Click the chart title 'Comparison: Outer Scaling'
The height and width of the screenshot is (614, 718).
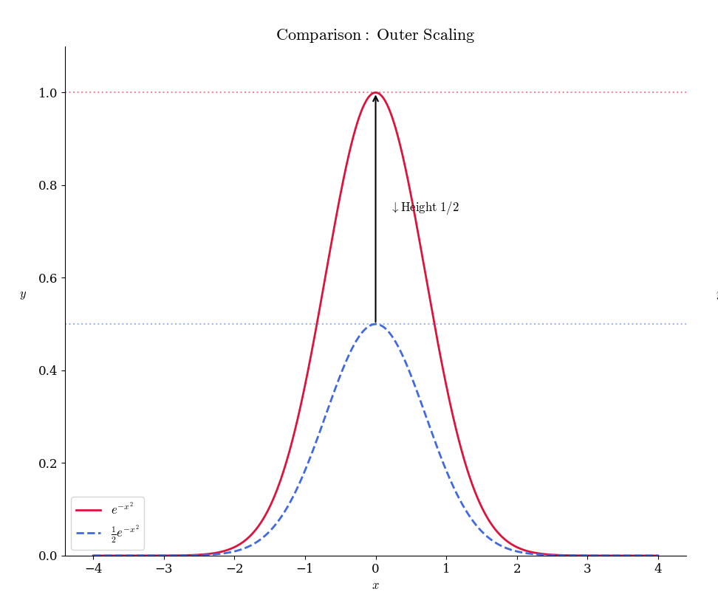coord(375,35)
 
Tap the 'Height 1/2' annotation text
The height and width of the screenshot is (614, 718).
coord(425,208)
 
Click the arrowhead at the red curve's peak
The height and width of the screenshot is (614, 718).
coord(375,97)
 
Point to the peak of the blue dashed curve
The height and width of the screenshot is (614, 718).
coord(375,324)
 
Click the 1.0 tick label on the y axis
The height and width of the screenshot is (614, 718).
coord(48,93)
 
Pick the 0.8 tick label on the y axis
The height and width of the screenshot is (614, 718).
coord(48,186)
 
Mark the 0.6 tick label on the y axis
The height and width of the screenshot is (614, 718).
coord(48,278)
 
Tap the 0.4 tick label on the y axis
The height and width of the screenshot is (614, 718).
coord(48,370)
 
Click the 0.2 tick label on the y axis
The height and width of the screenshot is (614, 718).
coord(48,463)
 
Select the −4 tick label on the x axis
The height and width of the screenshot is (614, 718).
coord(93,569)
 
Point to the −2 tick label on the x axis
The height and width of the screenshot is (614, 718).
coord(234,569)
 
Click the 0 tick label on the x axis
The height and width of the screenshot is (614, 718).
coord(375,569)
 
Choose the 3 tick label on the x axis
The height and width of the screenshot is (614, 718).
coord(587,569)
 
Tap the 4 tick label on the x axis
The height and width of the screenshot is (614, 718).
coord(658,569)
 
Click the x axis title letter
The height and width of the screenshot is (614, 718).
coord(375,586)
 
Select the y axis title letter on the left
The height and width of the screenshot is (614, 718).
coord(23,294)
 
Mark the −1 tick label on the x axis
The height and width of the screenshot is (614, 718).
coord(304,569)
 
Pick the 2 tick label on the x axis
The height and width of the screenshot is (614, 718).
coord(517,569)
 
